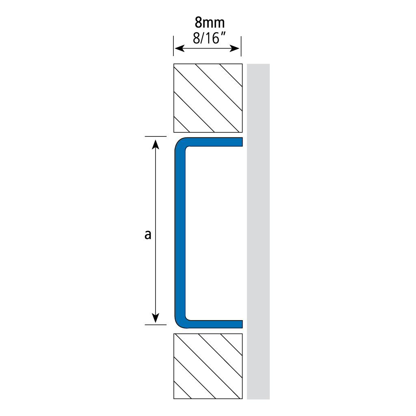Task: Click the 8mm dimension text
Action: tap(210, 22)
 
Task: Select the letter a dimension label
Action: tap(148, 235)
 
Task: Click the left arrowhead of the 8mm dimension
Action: tap(179, 48)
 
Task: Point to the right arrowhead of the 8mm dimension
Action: tap(235, 48)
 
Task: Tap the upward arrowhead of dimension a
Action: tap(156, 144)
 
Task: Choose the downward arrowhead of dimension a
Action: tap(156, 318)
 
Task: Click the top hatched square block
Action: tap(208, 98)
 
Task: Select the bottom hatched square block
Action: tap(208, 366)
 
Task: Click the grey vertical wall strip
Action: tap(258, 231)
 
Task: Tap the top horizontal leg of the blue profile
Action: tap(215, 142)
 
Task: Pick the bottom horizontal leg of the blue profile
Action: tap(215, 324)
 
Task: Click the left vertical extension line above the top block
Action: tap(173, 46)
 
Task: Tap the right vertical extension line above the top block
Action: tap(241, 46)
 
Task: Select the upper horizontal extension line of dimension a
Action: tap(156, 136)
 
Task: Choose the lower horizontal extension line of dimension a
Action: tap(156, 325)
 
